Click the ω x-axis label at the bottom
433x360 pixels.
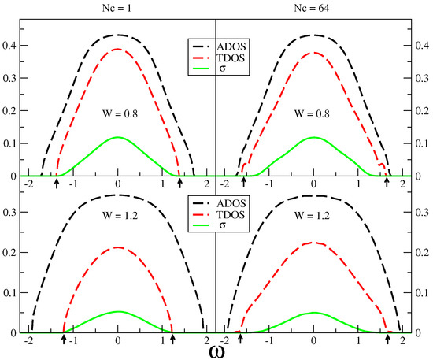(x=216, y=350)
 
